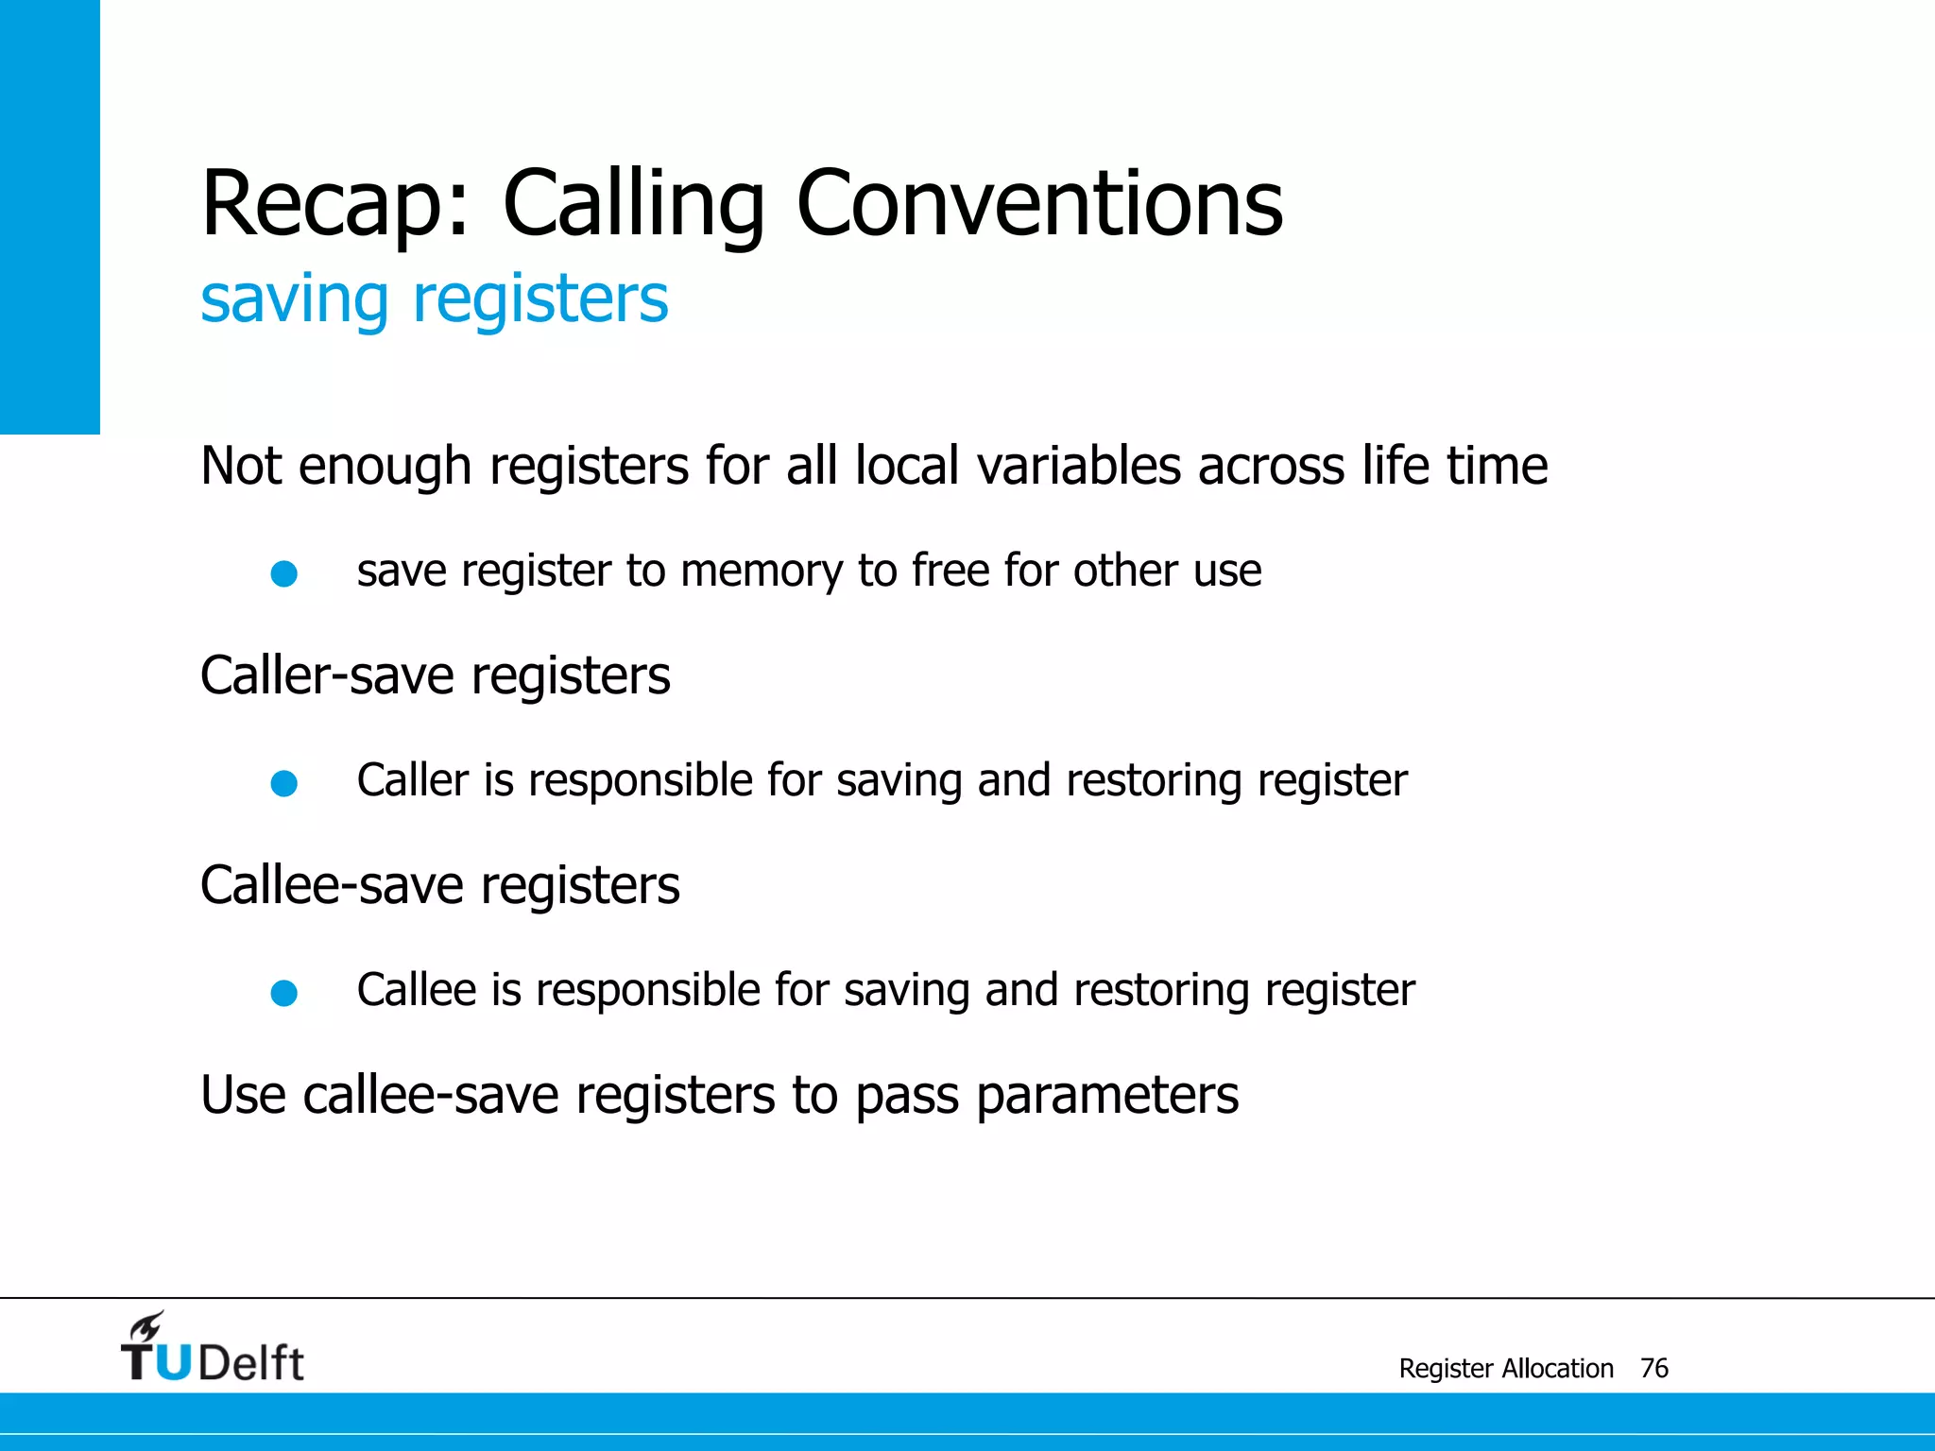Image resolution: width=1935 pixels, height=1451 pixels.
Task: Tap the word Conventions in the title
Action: pyautogui.click(x=1039, y=204)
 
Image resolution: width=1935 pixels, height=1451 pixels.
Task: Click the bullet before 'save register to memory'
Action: pyautogui.click(x=284, y=573)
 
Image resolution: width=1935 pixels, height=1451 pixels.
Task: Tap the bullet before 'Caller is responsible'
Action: pyautogui.click(x=284, y=783)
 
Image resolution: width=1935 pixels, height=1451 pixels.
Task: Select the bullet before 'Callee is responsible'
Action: pyautogui.click(x=284, y=993)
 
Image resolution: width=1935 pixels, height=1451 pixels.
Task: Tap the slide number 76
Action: pyautogui.click(x=1654, y=1368)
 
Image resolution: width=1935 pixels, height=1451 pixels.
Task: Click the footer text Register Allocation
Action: pyautogui.click(x=1506, y=1368)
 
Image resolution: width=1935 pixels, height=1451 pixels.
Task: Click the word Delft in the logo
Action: pyautogui.click(x=251, y=1363)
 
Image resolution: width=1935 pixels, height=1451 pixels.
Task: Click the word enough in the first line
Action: pyautogui.click(x=385, y=466)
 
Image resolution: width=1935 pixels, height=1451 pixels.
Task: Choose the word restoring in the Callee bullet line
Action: pyautogui.click(x=1162, y=991)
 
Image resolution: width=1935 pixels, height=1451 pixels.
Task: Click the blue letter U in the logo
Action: pyautogui.click(x=173, y=1362)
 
